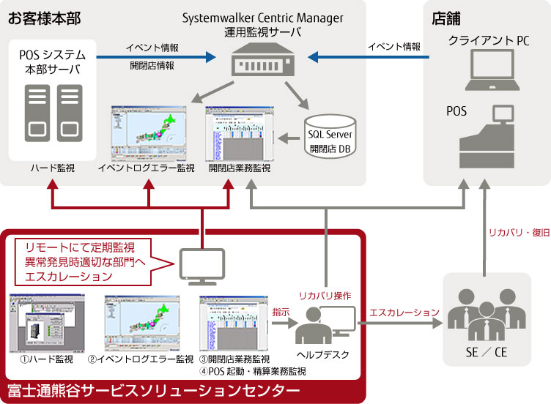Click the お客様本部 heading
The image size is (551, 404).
point(44,17)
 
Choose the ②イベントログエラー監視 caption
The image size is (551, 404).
point(141,359)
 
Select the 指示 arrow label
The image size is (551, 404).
point(280,312)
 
